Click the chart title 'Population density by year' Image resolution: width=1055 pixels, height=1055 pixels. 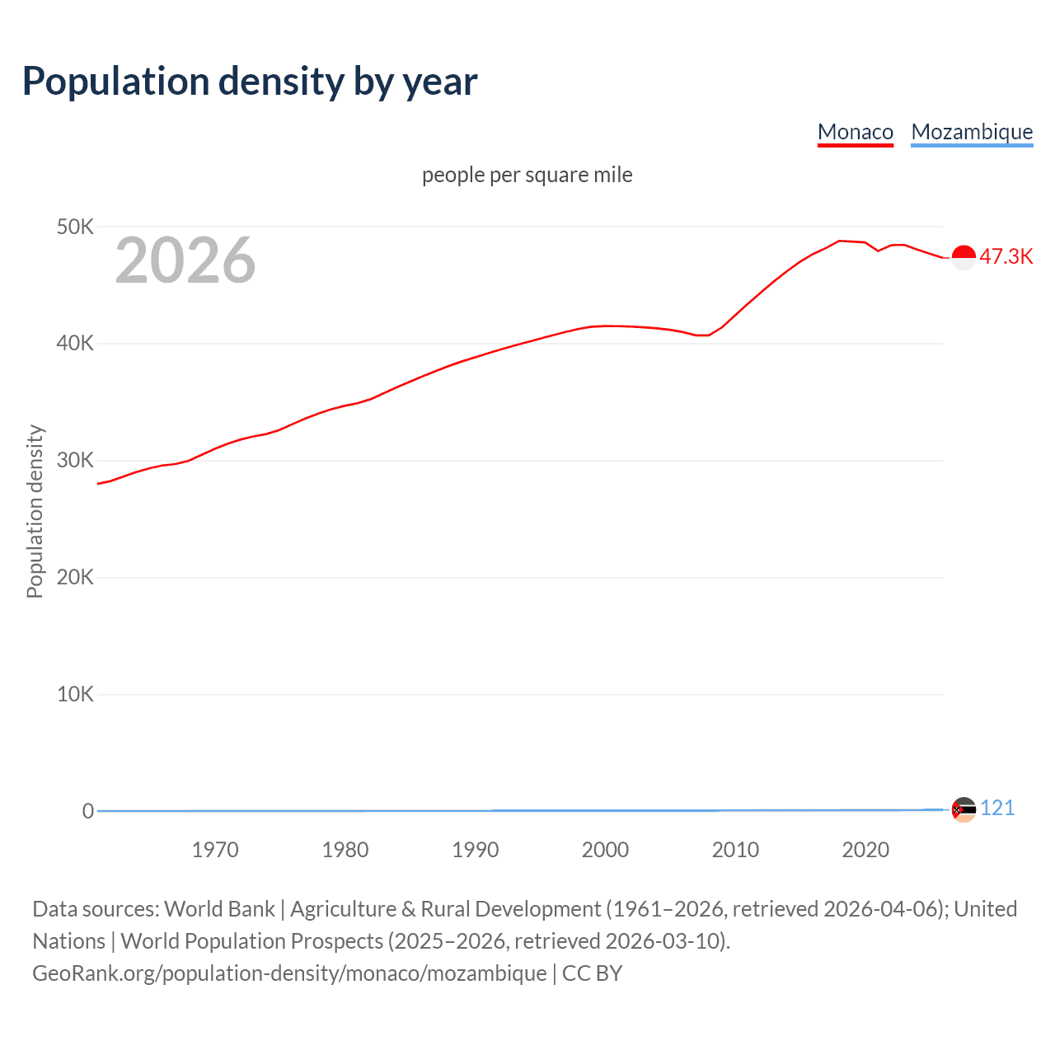tap(250, 82)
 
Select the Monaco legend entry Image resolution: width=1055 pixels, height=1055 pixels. tap(855, 132)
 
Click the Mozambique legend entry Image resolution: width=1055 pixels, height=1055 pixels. tap(972, 132)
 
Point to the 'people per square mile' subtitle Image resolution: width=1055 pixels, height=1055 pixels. tap(527, 175)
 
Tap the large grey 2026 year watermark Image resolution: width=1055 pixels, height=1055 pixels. tap(185, 260)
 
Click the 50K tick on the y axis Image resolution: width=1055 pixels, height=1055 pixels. tap(75, 227)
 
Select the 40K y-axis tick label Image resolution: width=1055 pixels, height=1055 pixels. tap(75, 344)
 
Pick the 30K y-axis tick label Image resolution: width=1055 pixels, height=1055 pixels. tap(75, 461)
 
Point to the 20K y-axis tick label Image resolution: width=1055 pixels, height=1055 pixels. tap(75, 578)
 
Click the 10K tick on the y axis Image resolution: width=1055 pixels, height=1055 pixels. tap(75, 695)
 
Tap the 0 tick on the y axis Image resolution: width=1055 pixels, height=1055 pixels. tap(87, 812)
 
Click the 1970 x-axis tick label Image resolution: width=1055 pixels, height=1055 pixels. tap(215, 850)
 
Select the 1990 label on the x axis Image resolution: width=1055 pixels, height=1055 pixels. tap(476, 850)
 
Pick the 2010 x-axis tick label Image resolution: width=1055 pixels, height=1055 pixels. tap(735, 850)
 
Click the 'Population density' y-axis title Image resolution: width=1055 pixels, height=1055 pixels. tap(35, 511)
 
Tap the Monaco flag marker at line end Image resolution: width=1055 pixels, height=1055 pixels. tap(964, 257)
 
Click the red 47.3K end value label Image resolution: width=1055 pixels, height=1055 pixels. tap(1006, 256)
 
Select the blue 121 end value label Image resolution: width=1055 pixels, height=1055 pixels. tap(997, 808)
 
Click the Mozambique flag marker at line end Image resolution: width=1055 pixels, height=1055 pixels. tap(964, 810)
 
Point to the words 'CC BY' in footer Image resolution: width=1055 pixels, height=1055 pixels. tap(592, 973)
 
